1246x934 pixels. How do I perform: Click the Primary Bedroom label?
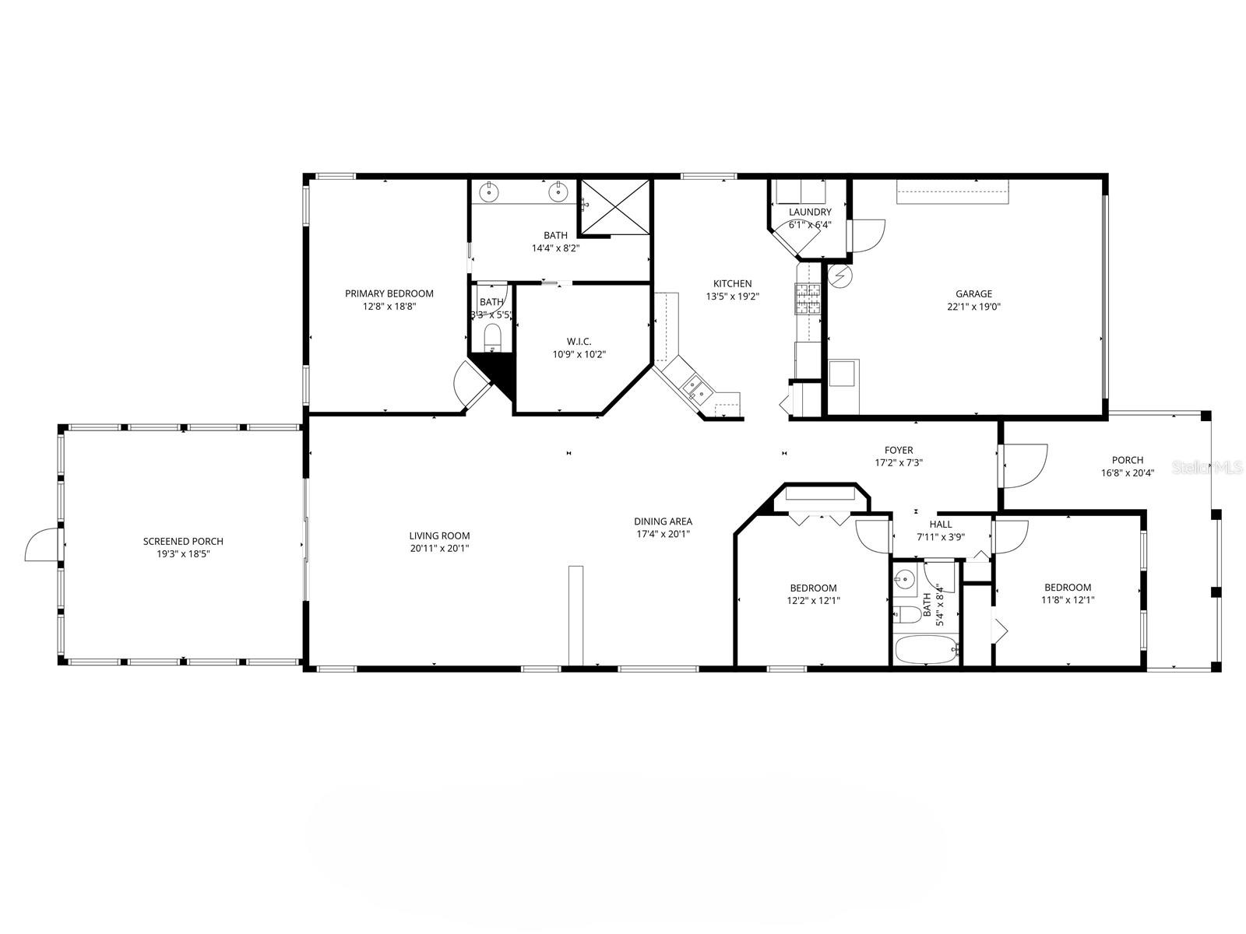pyautogui.click(x=389, y=293)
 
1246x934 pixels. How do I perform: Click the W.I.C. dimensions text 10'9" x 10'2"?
pyautogui.click(x=579, y=354)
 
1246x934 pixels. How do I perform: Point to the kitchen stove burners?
pyautogui.click(x=808, y=298)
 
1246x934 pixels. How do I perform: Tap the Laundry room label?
pyautogui.click(x=810, y=212)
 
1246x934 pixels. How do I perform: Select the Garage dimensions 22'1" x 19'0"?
pyautogui.click(x=973, y=307)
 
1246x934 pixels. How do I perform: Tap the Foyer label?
pyautogui.click(x=898, y=450)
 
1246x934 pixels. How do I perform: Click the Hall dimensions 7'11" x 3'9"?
pyautogui.click(x=940, y=537)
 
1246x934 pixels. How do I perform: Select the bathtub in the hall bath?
pyautogui.click(x=925, y=650)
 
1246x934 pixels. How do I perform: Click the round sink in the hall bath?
pyautogui.click(x=904, y=578)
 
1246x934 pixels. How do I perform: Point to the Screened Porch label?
pyautogui.click(x=183, y=541)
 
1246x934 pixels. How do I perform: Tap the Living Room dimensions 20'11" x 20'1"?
pyautogui.click(x=439, y=548)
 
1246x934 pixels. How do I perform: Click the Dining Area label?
pyautogui.click(x=663, y=521)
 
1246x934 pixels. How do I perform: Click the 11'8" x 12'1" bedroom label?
pyautogui.click(x=1067, y=588)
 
